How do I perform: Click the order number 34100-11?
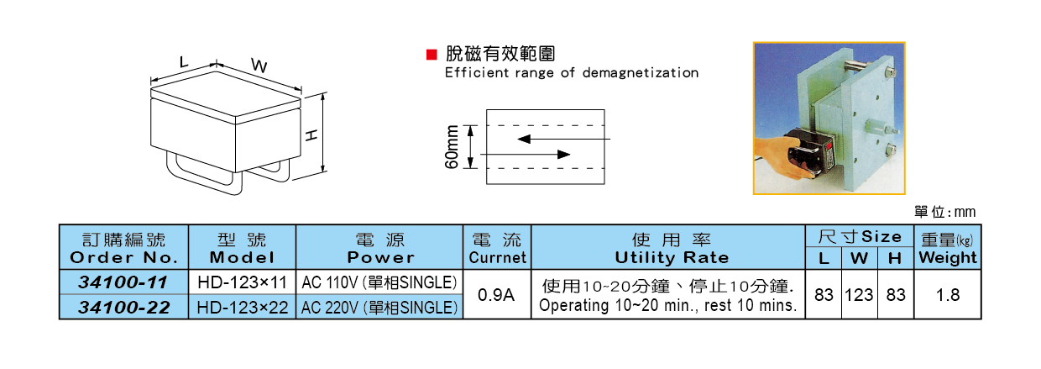pos(124,282)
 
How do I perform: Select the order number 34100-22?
pos(124,308)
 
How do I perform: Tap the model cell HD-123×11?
pos(242,282)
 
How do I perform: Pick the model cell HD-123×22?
pos(242,308)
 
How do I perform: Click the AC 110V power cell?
pos(379,282)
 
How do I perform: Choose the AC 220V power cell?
pos(379,308)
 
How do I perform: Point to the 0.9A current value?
pos(496,295)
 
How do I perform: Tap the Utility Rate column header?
pos(672,248)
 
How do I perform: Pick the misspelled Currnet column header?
pos(497,257)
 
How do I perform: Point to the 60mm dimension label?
pos(452,147)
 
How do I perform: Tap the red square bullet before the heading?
pos(432,55)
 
